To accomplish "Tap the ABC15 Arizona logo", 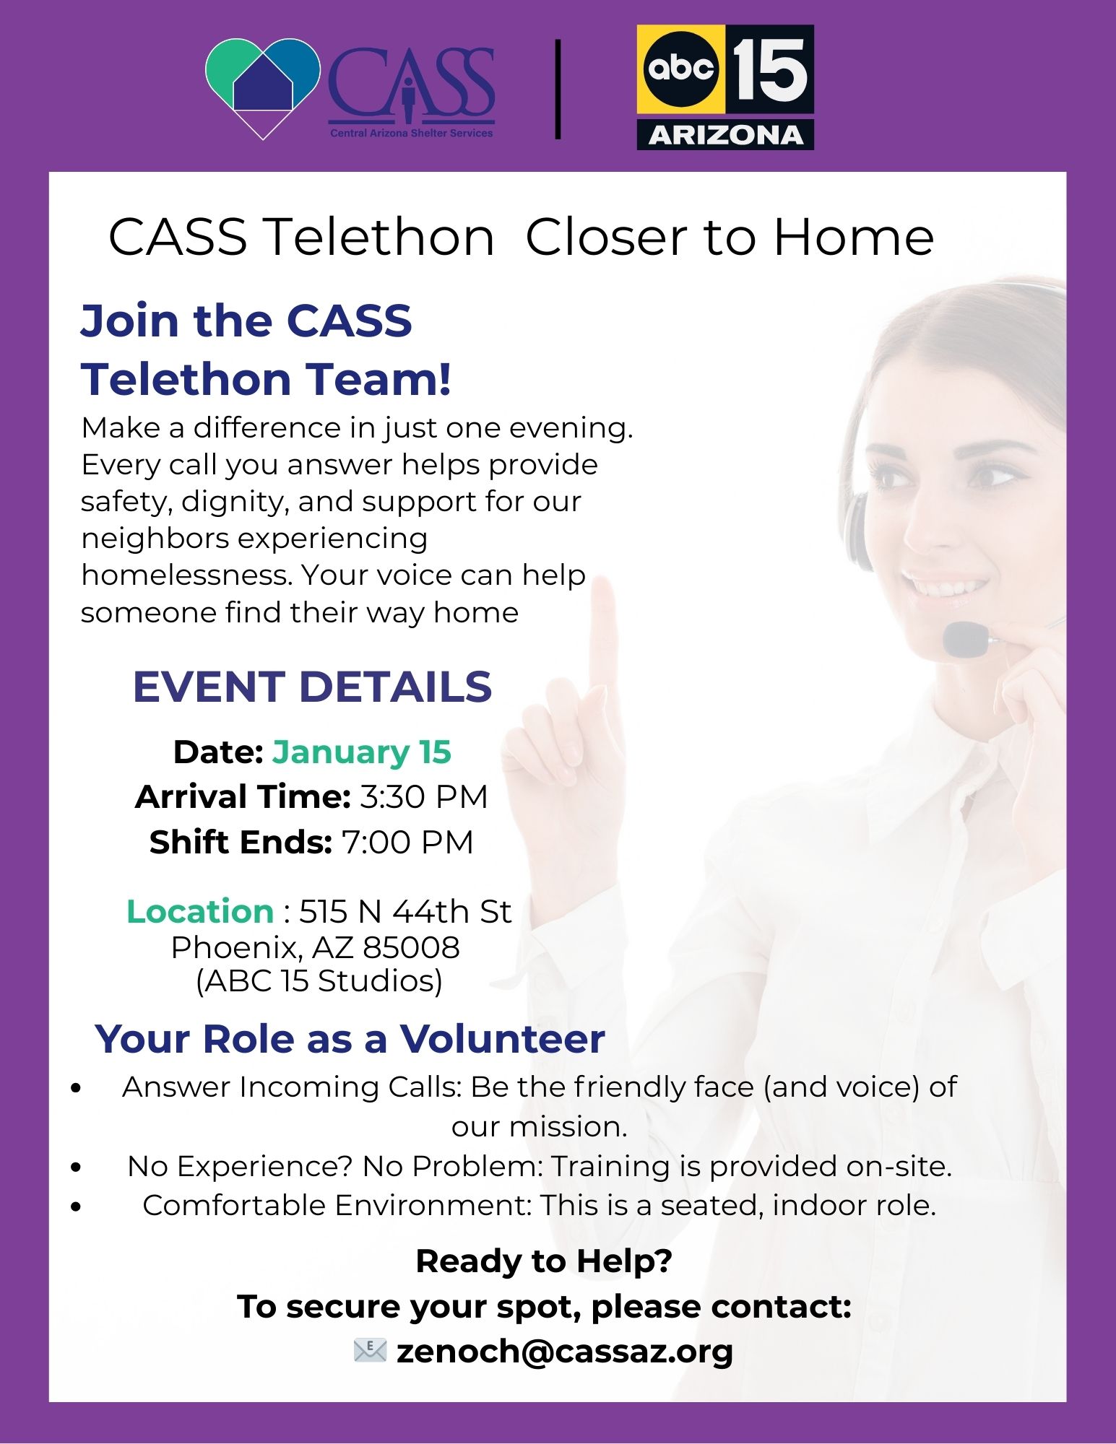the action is pyautogui.click(x=725, y=87).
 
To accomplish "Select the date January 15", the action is pyautogui.click(x=362, y=752).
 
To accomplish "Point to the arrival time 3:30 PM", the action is pyautogui.click(x=424, y=797).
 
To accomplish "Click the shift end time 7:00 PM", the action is pyautogui.click(x=407, y=842).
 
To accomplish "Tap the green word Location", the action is pyautogui.click(x=200, y=911).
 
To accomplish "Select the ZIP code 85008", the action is pyautogui.click(x=411, y=947).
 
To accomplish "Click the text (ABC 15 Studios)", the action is pyautogui.click(x=319, y=980).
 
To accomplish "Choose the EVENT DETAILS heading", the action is pyautogui.click(x=312, y=686).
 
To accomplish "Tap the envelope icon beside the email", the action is pyautogui.click(x=371, y=1350).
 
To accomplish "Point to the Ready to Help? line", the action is pyautogui.click(x=544, y=1261).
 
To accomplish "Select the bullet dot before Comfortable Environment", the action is pyautogui.click(x=77, y=1206).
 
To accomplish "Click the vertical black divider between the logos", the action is pyautogui.click(x=558, y=89).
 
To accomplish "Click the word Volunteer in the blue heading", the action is pyautogui.click(x=503, y=1039).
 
